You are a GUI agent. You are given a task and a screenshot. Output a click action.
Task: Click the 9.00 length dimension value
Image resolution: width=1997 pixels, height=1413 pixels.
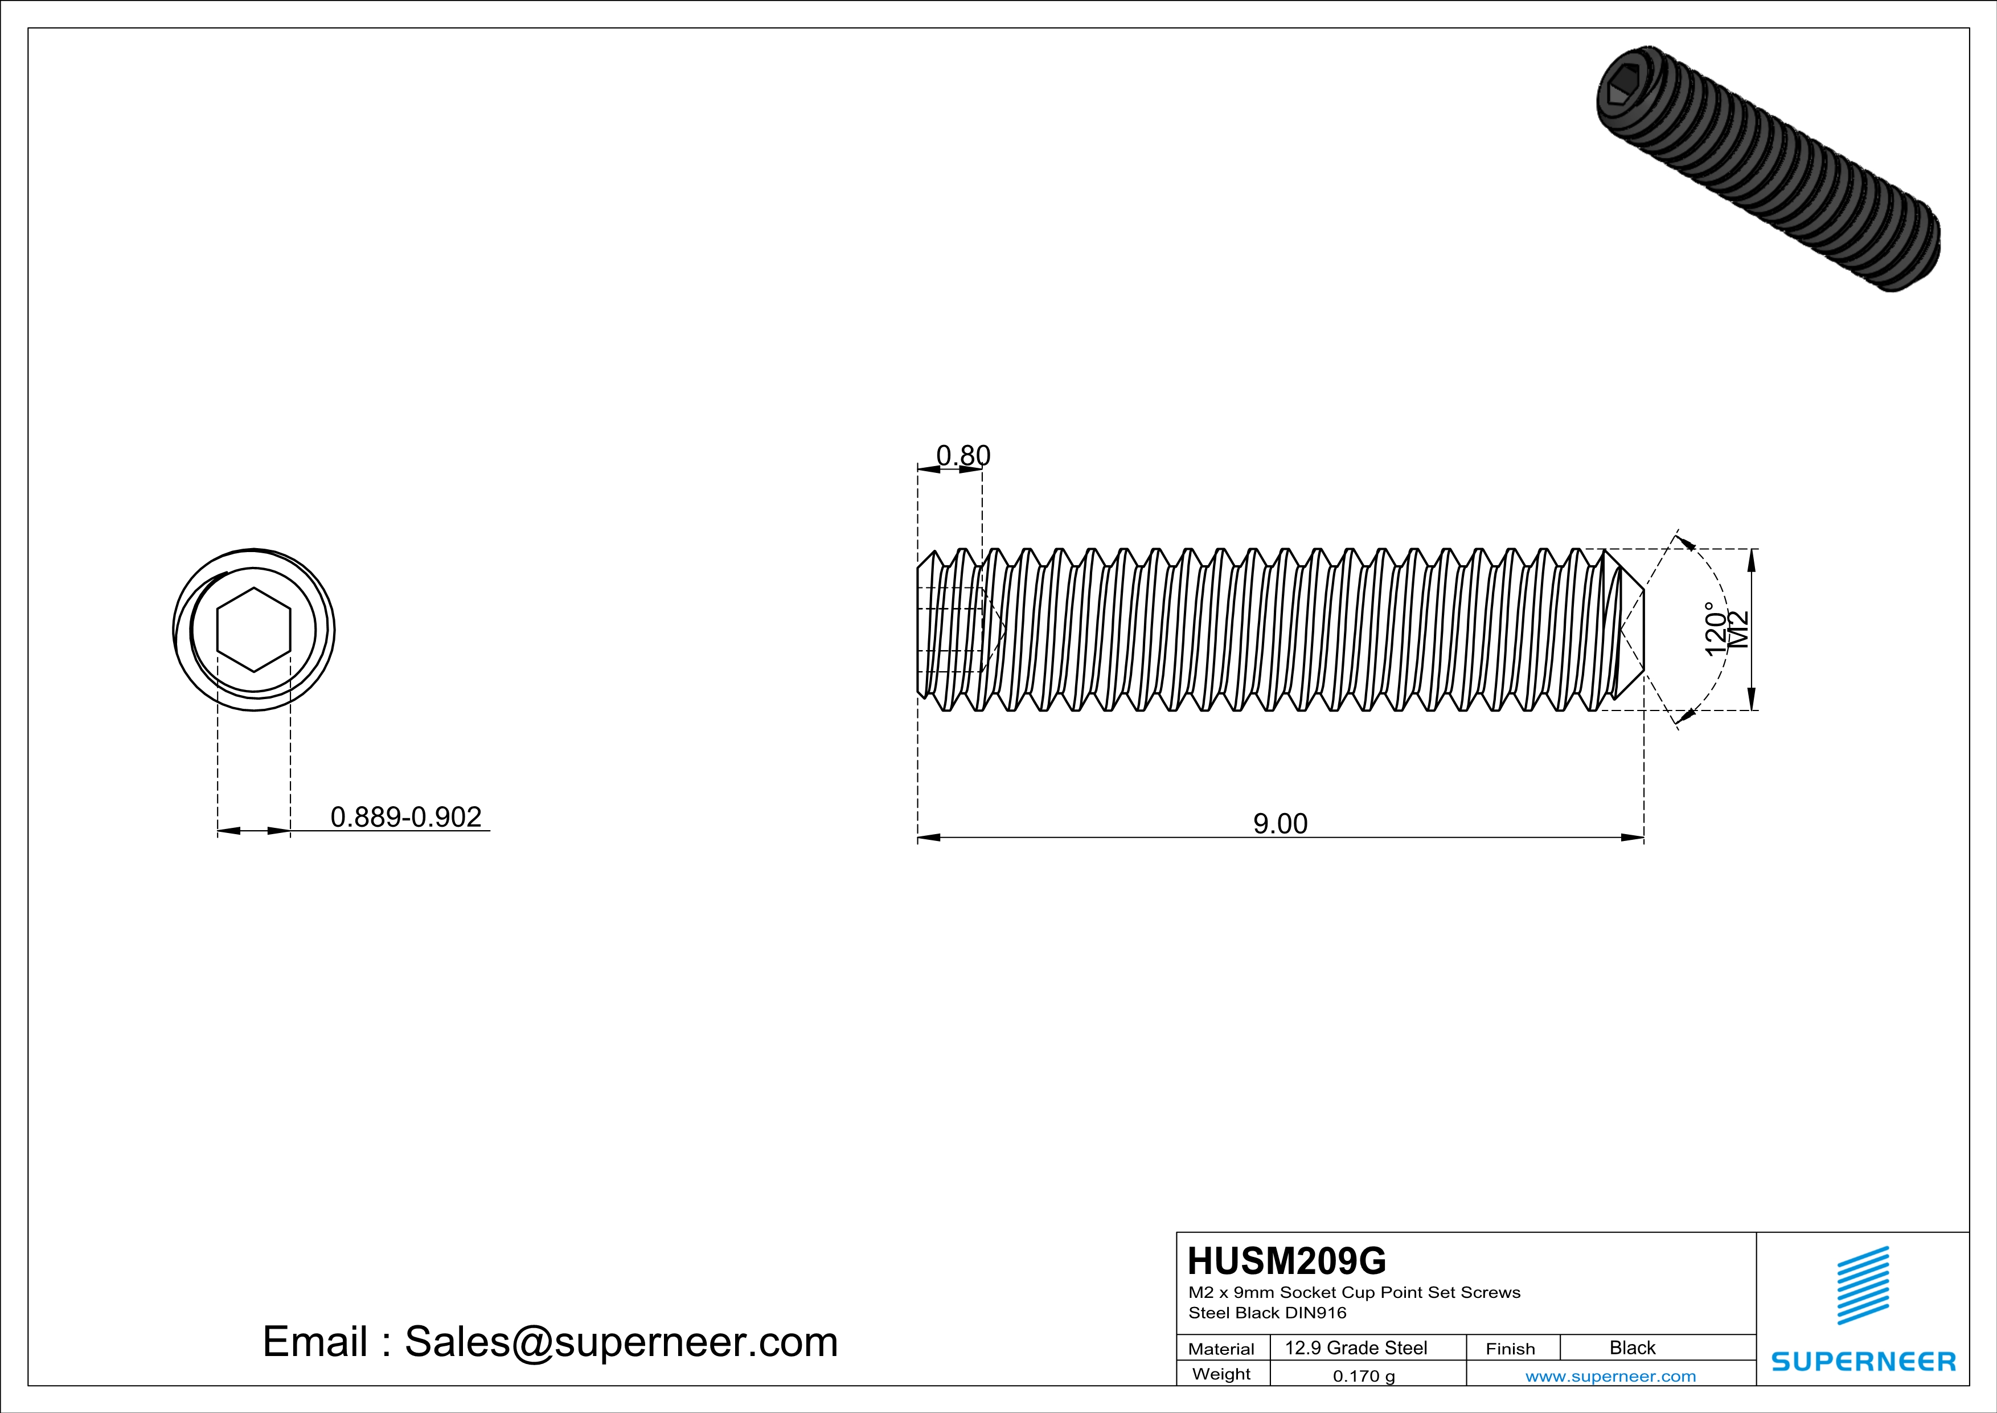1280,823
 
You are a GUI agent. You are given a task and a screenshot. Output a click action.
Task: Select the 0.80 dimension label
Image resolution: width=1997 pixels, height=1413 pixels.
963,455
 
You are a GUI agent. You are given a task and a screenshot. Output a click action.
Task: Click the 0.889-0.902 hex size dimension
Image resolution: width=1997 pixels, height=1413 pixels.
405,817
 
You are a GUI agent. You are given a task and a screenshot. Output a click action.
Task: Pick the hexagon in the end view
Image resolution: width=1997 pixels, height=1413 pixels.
253,630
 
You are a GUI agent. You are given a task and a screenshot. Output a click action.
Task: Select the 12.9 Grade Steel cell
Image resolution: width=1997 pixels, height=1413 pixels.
1356,1347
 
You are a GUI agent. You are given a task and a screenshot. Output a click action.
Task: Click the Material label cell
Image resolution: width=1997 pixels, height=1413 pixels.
1221,1349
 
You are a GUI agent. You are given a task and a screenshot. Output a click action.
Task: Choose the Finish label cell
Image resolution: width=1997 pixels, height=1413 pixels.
1510,1349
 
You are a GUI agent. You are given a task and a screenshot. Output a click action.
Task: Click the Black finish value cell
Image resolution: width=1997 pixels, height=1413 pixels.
1631,1347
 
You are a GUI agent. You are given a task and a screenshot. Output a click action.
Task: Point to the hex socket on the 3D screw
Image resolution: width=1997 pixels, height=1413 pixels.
1621,91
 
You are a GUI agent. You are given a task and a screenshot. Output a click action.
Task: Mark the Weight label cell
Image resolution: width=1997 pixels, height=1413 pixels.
1221,1374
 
